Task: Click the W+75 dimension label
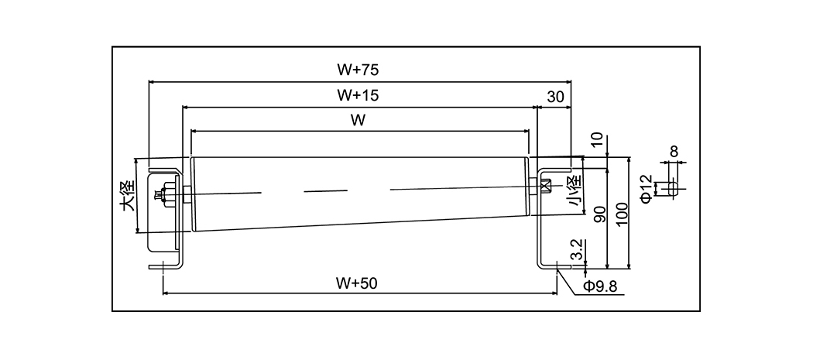pyautogui.click(x=358, y=70)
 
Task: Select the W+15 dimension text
pyautogui.click(x=358, y=95)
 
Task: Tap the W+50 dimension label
pyautogui.click(x=357, y=283)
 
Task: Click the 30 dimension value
pyautogui.click(x=555, y=96)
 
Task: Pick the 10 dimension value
pyautogui.click(x=595, y=139)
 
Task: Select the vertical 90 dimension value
pyautogui.click(x=599, y=214)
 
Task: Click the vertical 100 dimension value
pyautogui.click(x=622, y=214)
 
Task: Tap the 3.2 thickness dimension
pyautogui.click(x=576, y=249)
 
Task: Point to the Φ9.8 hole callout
pyautogui.click(x=600, y=286)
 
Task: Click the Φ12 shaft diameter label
pyautogui.click(x=646, y=188)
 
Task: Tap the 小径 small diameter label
pyautogui.click(x=574, y=194)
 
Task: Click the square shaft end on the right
pyautogui.click(x=545, y=186)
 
